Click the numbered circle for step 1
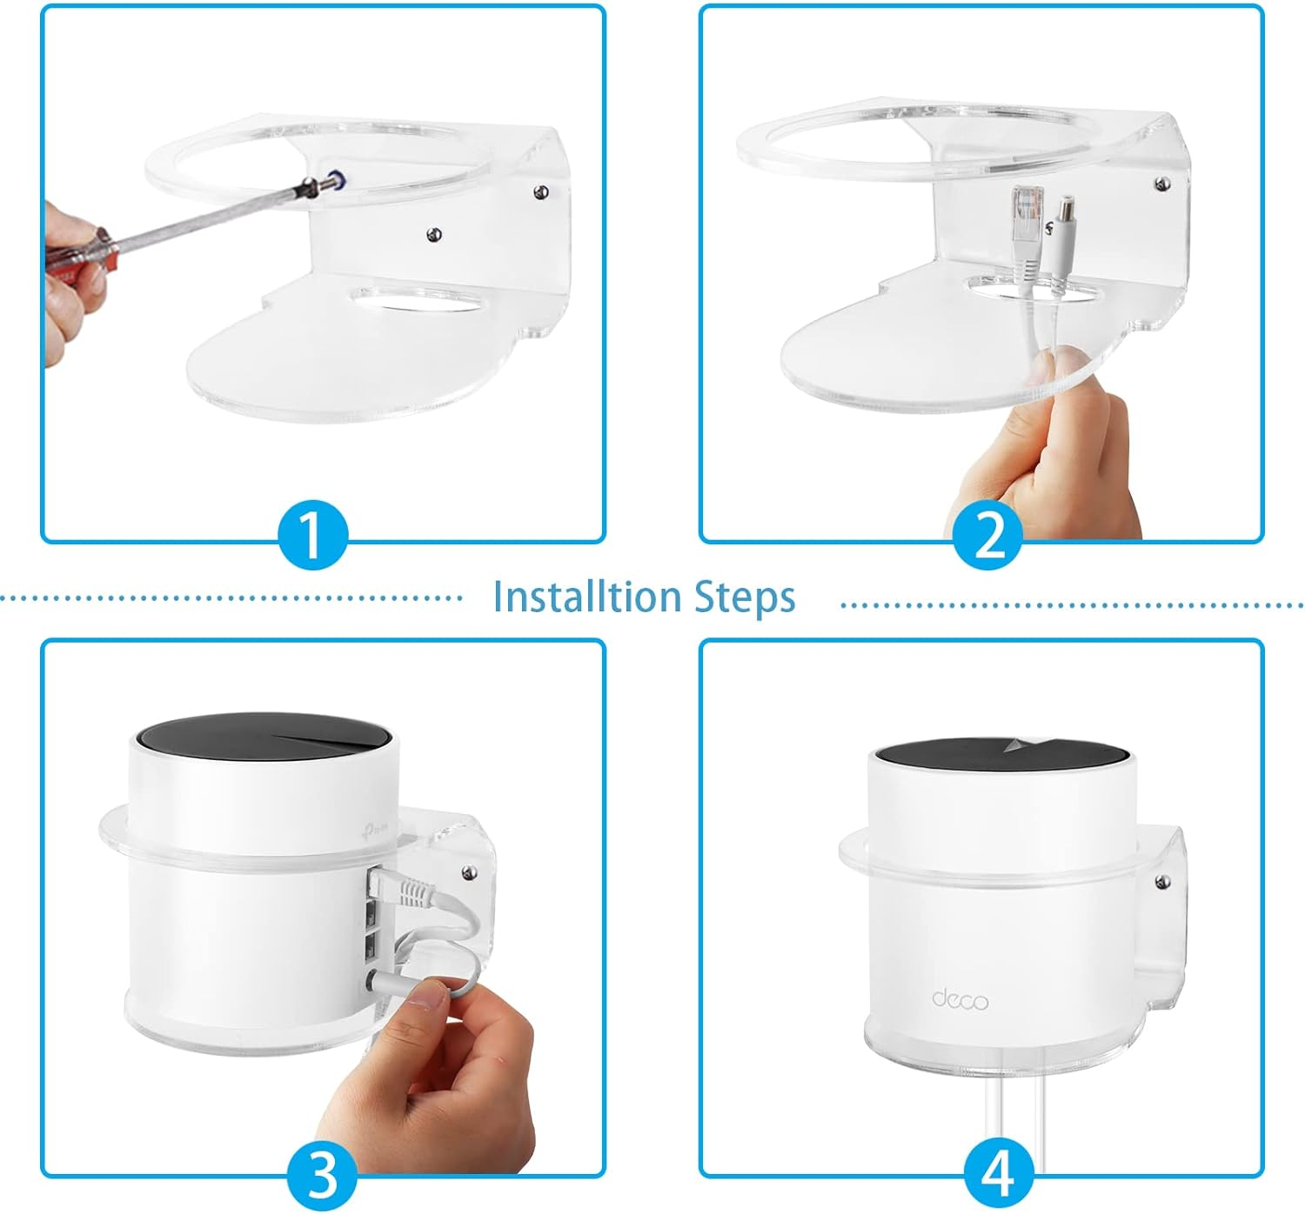pyautogui.click(x=313, y=535)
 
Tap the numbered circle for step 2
pyautogui.click(x=987, y=535)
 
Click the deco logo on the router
pyautogui.click(x=960, y=999)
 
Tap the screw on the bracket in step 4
pyautogui.click(x=1161, y=882)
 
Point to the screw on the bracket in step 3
pyautogui.click(x=469, y=872)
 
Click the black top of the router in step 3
pyautogui.click(x=264, y=737)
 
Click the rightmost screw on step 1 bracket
pyautogui.click(x=541, y=192)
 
